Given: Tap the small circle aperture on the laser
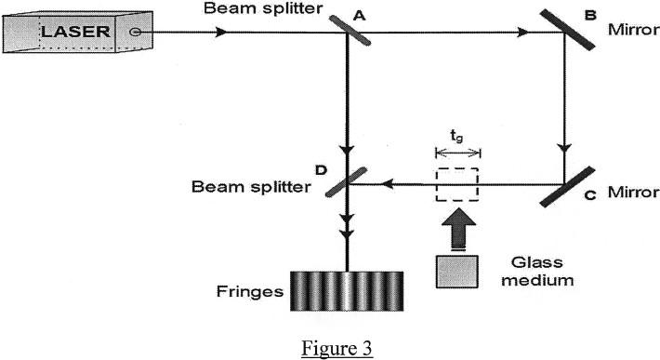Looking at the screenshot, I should (136, 32).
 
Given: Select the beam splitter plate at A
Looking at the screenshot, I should (346, 33).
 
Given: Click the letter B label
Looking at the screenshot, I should (591, 14).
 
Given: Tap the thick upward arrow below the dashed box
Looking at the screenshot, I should (457, 227).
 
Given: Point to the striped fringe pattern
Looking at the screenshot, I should (347, 291).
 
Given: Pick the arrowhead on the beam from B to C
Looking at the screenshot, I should (563, 150).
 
